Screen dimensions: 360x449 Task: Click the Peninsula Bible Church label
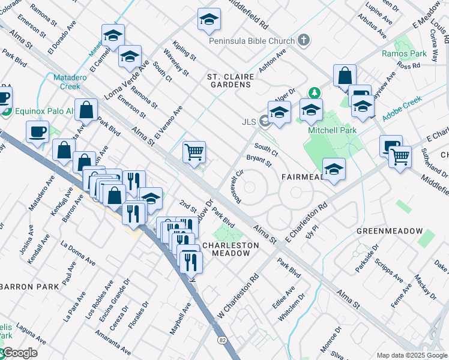(x=252, y=41)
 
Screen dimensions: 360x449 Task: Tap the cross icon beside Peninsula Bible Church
(x=304, y=41)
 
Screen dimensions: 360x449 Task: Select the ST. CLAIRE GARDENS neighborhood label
(x=229, y=81)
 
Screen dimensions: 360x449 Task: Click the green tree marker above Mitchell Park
(x=313, y=92)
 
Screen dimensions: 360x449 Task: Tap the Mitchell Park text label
(x=332, y=130)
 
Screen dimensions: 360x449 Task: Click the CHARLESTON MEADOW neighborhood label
(x=231, y=249)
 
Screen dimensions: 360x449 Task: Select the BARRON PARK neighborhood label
(x=29, y=287)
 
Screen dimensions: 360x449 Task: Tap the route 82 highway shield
(x=223, y=340)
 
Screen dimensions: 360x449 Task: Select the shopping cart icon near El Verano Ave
(x=194, y=151)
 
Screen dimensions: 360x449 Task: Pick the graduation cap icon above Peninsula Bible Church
(x=209, y=20)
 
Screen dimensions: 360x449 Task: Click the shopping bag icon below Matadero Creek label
(x=86, y=110)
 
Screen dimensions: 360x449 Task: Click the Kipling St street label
(x=184, y=50)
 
